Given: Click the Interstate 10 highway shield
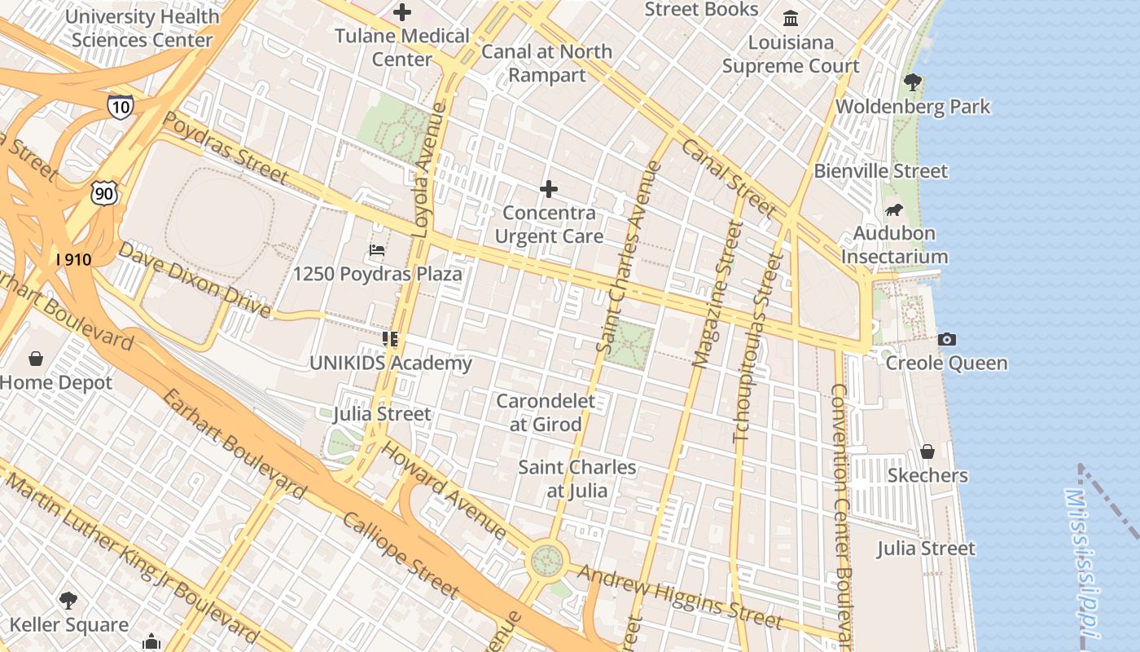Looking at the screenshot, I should (120, 107).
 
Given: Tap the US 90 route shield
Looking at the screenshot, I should (105, 193).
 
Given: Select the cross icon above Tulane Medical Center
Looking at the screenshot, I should (402, 12).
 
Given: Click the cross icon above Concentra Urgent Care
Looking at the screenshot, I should (549, 190).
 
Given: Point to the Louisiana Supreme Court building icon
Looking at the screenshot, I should (791, 18).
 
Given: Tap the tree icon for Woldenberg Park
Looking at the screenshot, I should (912, 82).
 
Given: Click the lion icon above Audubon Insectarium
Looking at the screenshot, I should (893, 210).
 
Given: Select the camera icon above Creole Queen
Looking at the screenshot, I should (946, 339).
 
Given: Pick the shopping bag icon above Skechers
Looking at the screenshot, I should (927, 452).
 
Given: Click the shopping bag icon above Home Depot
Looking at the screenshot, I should (36, 359).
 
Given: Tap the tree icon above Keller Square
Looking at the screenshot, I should (68, 601).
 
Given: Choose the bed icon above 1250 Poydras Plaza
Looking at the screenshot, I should (377, 249).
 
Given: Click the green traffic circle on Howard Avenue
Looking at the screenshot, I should (547, 560).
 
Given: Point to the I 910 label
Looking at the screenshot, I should (73, 260).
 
